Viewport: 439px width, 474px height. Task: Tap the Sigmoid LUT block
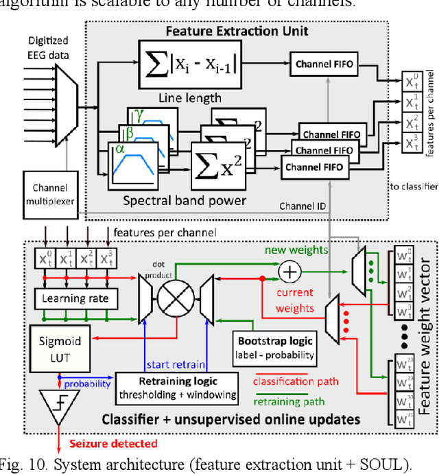[x=59, y=348]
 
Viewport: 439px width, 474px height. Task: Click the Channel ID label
[x=302, y=206]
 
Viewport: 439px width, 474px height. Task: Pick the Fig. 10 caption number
[x=47, y=464]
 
